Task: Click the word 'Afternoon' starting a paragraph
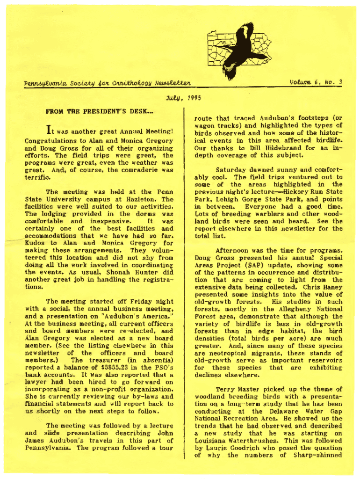pyautogui.click(x=233, y=250)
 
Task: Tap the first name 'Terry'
pyautogui.click(x=224, y=389)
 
